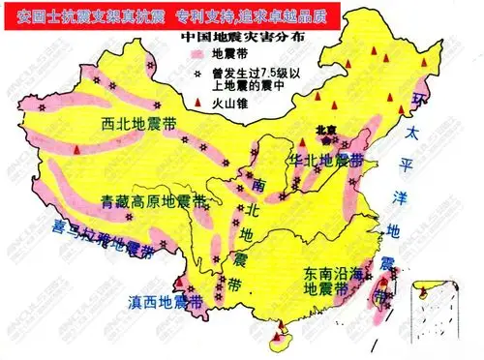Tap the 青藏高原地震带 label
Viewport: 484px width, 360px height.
click(x=151, y=201)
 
